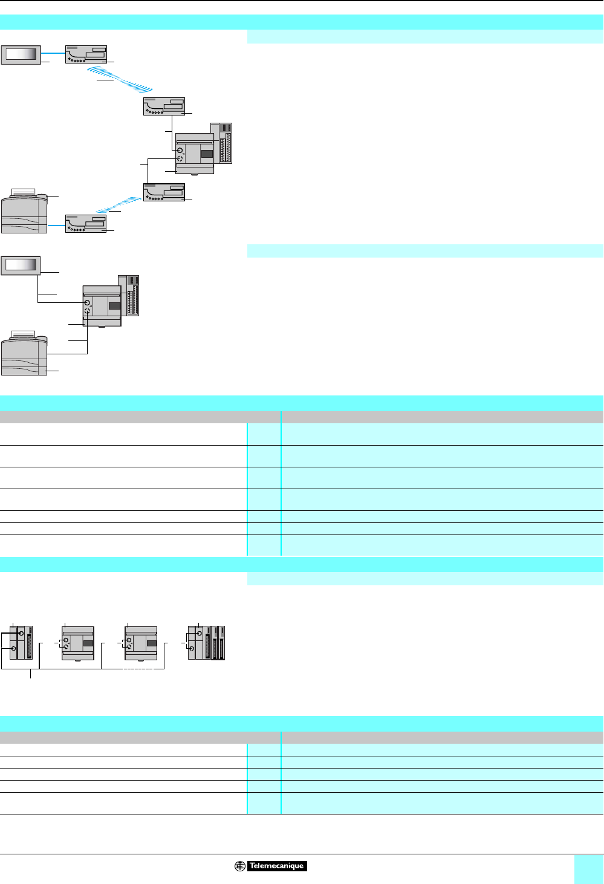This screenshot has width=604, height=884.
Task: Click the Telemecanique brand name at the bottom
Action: (x=276, y=866)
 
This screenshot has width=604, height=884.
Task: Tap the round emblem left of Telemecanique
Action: (x=240, y=866)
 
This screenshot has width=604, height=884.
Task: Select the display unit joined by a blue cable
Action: (x=21, y=54)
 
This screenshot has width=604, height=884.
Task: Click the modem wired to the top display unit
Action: (x=86, y=54)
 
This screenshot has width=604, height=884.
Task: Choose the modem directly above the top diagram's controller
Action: (x=164, y=106)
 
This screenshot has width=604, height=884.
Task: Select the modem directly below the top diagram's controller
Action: (x=164, y=192)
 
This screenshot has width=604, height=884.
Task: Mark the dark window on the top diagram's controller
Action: (x=207, y=154)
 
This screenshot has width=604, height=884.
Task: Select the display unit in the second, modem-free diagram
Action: (x=21, y=265)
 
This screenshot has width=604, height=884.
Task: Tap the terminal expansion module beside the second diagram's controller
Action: (x=132, y=295)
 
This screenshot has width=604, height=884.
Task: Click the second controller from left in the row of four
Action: (x=79, y=643)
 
